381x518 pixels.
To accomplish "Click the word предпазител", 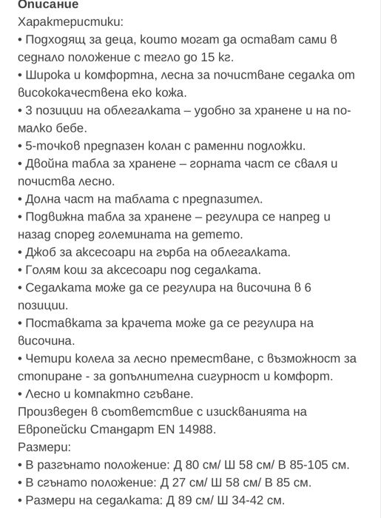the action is point(222,199).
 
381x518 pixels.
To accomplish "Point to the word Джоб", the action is point(41,252).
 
